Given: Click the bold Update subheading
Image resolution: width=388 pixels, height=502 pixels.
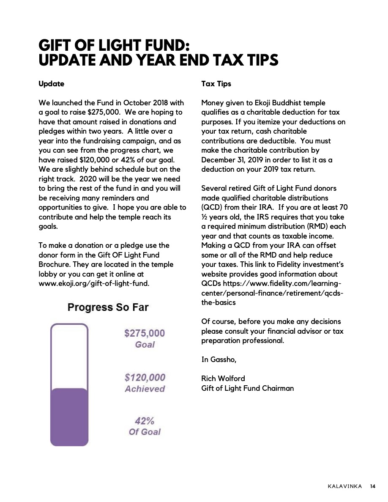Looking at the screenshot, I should [51, 84].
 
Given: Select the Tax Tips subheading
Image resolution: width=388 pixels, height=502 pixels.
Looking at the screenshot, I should [216, 84].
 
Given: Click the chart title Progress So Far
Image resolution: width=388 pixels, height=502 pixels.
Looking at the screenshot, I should [108, 307].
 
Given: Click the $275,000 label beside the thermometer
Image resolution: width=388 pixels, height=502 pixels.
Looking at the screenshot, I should [145, 333].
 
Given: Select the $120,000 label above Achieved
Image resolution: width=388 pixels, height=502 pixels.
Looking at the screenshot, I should [145, 377].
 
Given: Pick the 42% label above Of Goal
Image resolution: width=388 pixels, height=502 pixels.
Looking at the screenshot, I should [145, 421].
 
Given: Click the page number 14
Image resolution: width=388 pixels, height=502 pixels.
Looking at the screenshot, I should [372, 486].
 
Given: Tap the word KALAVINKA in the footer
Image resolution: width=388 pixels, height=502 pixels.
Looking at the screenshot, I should [344, 486].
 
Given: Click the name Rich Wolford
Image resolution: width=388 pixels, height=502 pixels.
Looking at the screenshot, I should [223, 378].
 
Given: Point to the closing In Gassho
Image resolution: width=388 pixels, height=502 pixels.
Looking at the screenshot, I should [219, 359].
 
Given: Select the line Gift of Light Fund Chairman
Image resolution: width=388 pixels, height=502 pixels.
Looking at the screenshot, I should [247, 388].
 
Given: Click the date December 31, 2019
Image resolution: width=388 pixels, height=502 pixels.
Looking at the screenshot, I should [231, 160].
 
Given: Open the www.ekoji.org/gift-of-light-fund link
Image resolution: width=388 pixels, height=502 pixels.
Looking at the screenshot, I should [93, 283].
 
